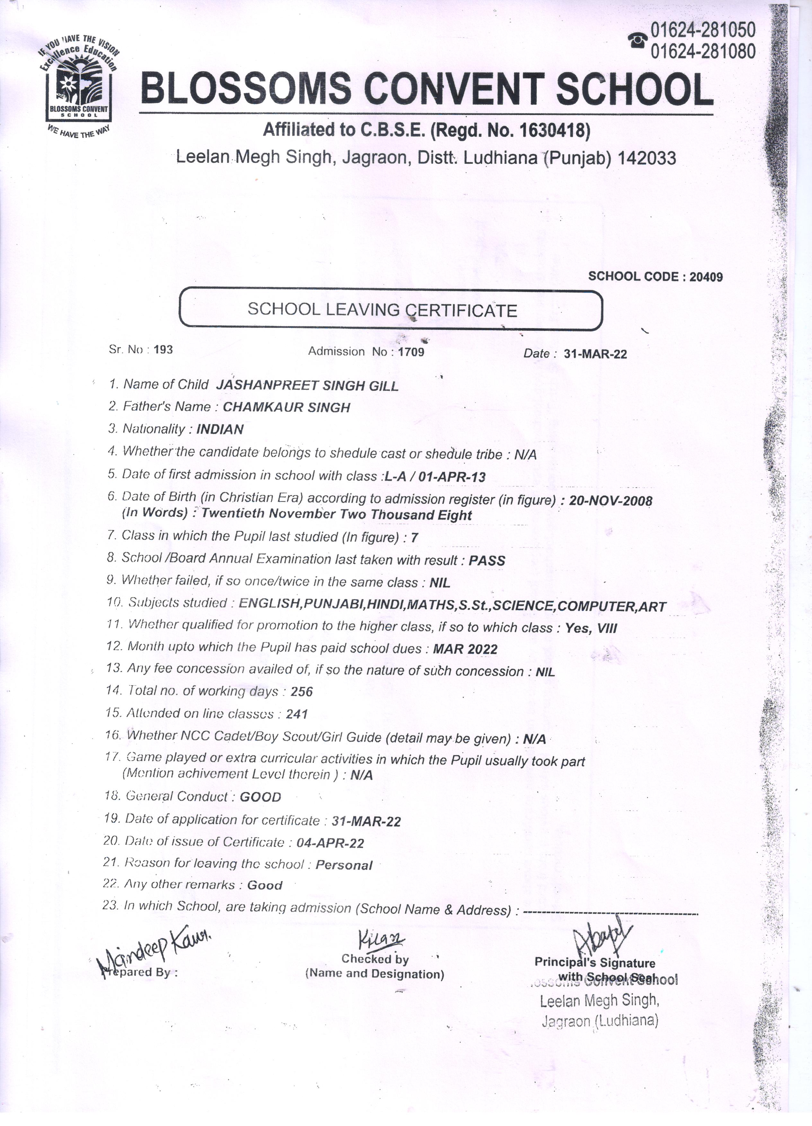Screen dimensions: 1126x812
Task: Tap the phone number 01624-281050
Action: tap(703, 30)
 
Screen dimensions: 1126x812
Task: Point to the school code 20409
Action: tap(706, 276)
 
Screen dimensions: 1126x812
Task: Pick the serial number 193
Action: tap(163, 350)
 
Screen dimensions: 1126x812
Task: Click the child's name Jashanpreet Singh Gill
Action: tap(307, 385)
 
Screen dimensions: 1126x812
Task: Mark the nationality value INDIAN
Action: tap(220, 430)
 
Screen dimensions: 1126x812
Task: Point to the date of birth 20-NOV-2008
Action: tap(610, 501)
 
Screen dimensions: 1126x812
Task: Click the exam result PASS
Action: tap(487, 561)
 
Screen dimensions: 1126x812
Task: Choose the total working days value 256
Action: tap(302, 692)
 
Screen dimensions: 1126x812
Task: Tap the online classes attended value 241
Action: tap(297, 714)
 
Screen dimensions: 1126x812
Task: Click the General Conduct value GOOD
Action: tap(260, 797)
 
